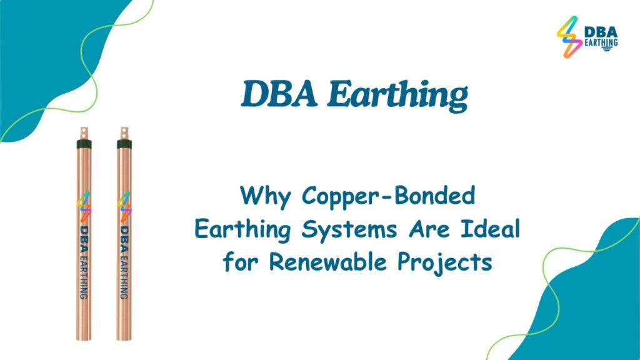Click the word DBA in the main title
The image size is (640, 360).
coord(279,94)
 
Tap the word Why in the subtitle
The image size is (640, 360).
coord(265,196)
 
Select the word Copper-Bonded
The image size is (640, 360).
coord(389,196)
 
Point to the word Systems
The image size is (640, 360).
coord(349,229)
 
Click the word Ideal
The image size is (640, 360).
coord(491,228)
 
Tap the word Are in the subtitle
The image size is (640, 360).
coord(429,229)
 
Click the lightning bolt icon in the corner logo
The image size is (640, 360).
coord(569,37)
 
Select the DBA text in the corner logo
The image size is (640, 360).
coord(601,32)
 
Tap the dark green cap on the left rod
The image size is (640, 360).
coord(84,144)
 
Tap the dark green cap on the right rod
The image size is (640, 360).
coord(124,144)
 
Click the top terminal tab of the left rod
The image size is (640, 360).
coord(84,133)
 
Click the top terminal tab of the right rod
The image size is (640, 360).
coord(124,133)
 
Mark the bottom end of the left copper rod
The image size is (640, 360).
coord(84,339)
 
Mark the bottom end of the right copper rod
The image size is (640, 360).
coord(124,339)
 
